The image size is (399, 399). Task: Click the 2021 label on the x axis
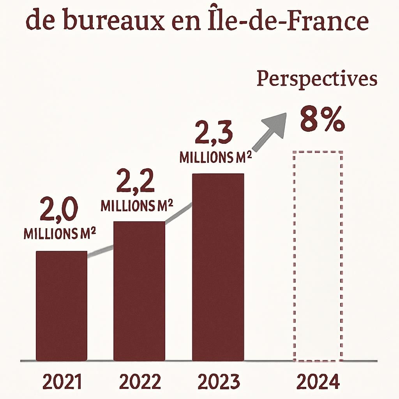[62, 382]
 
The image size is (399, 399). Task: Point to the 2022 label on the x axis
[140, 382]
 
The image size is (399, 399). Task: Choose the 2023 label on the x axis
[218, 382]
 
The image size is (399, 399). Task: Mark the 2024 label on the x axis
[318, 382]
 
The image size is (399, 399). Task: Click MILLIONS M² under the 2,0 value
[60, 234]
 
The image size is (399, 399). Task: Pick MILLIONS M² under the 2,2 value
[137, 205]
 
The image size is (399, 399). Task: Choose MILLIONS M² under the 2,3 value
[215, 157]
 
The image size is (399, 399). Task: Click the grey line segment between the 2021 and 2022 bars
[100, 252]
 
